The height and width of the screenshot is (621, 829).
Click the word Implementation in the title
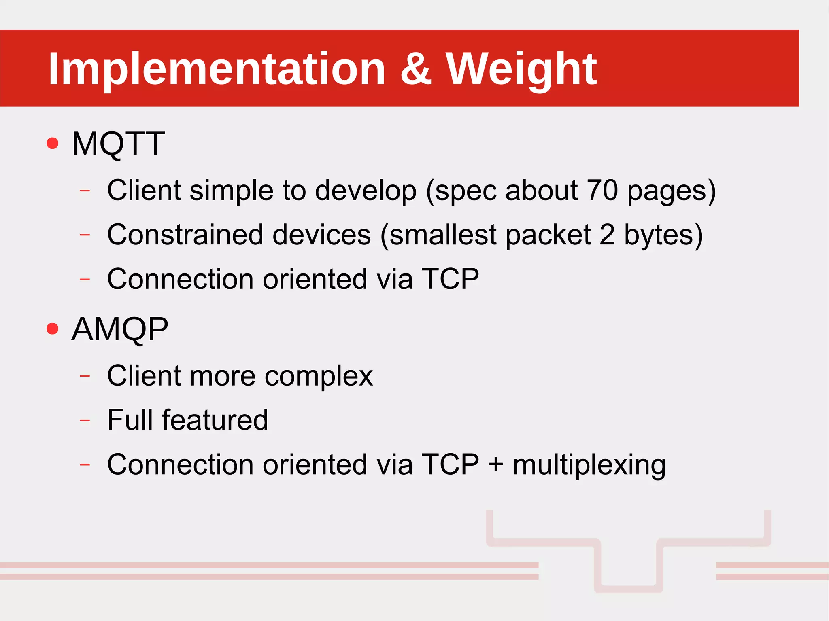(x=217, y=70)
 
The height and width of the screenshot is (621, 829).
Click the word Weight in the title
(x=521, y=70)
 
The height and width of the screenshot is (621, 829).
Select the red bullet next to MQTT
(x=53, y=143)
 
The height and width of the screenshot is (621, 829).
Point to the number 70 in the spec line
(x=602, y=190)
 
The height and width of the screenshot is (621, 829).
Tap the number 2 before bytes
(x=607, y=235)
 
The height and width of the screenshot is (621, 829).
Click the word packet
(x=548, y=235)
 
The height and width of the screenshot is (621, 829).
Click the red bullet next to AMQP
(x=53, y=329)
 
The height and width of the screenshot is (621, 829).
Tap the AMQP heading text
(x=120, y=329)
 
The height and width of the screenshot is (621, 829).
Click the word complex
(x=319, y=376)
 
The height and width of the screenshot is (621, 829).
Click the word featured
(x=215, y=420)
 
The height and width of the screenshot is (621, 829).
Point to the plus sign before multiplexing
(x=495, y=464)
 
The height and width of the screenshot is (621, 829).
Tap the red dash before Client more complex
(x=85, y=376)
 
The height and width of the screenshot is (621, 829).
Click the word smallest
(x=443, y=235)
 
